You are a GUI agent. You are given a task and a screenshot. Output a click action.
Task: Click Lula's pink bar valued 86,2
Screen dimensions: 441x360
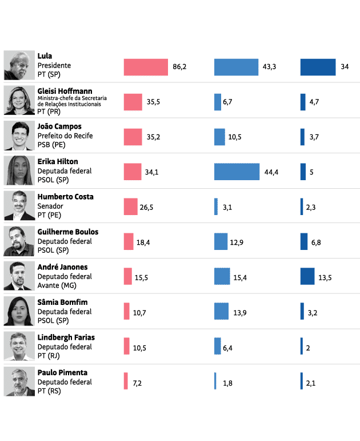pos(146,67)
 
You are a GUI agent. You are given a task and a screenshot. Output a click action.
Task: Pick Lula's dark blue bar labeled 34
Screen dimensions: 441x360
pos(318,67)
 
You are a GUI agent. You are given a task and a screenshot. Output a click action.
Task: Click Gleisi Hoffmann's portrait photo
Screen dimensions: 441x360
pos(19,101)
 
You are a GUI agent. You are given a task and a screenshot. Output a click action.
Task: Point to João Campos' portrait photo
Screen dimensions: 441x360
pos(19,136)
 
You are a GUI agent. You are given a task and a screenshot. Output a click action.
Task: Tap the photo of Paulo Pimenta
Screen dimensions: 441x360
pos(19,382)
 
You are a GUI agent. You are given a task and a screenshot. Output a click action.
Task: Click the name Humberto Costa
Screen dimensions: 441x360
pos(65,197)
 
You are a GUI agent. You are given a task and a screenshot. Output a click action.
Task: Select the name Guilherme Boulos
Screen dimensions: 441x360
pos(67,232)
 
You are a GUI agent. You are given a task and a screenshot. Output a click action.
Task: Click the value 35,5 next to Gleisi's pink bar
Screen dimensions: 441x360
pos(153,102)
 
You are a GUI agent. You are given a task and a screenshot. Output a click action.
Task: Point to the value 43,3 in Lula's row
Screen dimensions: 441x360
pos(269,67)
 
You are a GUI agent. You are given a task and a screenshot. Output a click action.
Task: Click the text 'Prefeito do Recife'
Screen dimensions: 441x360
pos(65,136)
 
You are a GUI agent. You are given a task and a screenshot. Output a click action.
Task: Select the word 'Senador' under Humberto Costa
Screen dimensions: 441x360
pos(51,206)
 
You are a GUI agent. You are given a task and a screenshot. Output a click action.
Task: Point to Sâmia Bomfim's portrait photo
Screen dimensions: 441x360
pos(19,311)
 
